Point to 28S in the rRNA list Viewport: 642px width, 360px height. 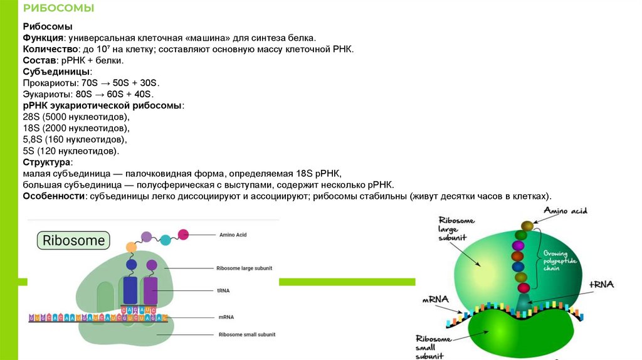31,117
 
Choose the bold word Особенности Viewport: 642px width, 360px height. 53,196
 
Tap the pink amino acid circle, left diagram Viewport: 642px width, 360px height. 183,235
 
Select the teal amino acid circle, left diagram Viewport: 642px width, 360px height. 166,239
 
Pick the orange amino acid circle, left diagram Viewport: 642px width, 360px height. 131,247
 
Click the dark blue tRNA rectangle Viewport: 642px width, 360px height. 131,289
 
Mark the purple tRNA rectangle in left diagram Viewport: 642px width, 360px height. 150,289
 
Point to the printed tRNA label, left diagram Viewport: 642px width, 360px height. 224,290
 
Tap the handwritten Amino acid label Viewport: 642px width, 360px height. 565,211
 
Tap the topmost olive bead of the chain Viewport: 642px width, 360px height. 527,226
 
